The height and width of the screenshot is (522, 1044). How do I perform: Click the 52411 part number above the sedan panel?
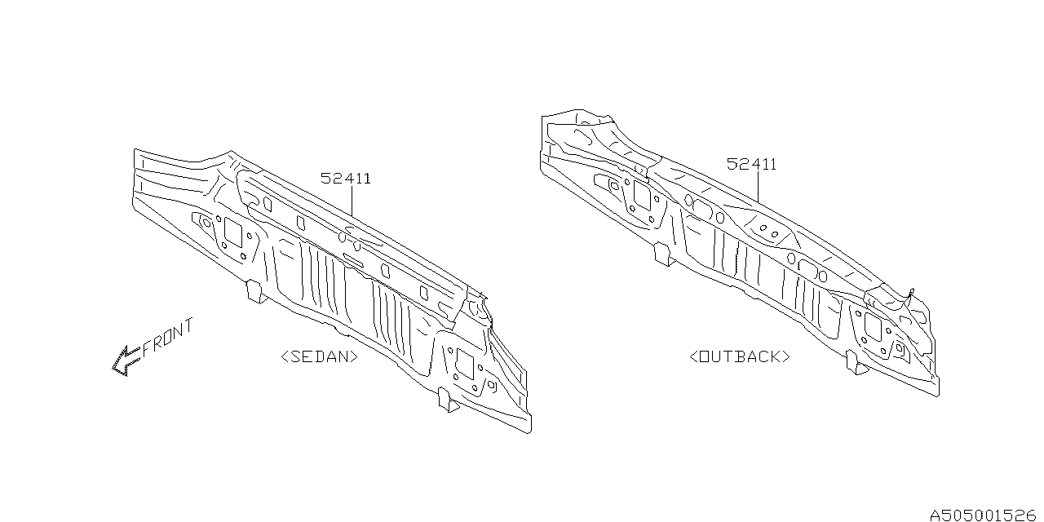pos(345,179)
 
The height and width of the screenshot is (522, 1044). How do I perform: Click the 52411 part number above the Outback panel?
pos(751,165)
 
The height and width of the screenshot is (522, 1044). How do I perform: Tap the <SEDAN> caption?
pos(319,356)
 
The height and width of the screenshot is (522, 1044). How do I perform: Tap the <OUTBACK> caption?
pos(740,356)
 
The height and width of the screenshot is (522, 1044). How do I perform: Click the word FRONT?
pos(169,338)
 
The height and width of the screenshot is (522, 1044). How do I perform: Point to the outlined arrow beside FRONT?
pos(126,360)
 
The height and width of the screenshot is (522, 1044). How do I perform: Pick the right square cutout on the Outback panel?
pos(871,326)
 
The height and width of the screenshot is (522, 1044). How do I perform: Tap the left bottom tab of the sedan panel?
pos(255,291)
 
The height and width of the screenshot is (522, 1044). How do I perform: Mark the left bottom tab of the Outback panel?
pos(662,254)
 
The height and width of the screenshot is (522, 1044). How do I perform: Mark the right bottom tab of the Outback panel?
pos(856,362)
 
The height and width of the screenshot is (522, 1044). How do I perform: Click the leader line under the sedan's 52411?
pos(352,201)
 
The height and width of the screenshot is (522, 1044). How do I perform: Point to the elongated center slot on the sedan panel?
pos(354,260)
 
